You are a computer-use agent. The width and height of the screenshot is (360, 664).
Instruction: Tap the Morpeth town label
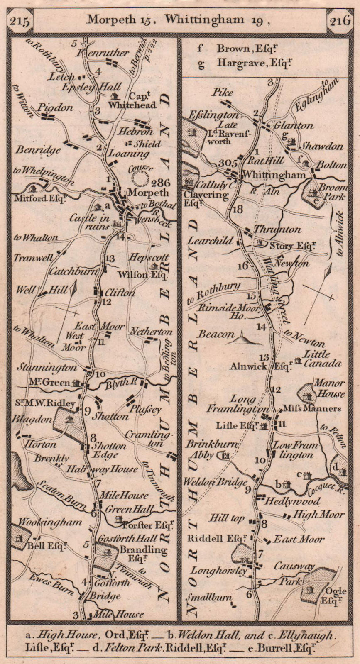(149, 193)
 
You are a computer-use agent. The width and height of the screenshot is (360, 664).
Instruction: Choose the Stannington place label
(47, 367)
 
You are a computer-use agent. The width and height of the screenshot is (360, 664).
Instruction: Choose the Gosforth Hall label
(127, 538)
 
